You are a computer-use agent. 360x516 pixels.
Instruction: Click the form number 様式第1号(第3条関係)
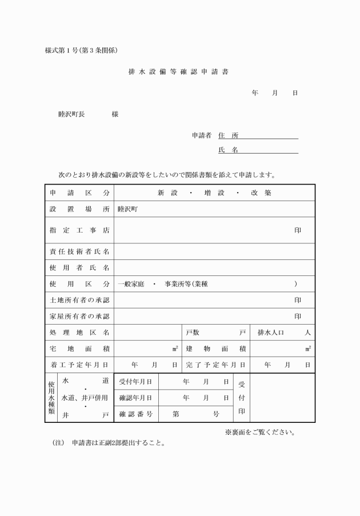pyautogui.click(x=81, y=50)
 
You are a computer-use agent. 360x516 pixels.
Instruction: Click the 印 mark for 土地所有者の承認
pyautogui.click(x=298, y=300)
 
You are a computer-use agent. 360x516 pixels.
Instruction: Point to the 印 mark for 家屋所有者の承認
pyautogui.click(x=298, y=316)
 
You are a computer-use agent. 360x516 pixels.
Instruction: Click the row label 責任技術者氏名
pyautogui.click(x=79, y=251)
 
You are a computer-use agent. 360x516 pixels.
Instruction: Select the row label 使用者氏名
pyautogui.click(x=79, y=267)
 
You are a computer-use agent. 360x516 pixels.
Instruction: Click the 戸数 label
pyautogui.click(x=193, y=332)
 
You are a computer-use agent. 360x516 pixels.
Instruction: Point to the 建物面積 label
pyautogui.click(x=215, y=348)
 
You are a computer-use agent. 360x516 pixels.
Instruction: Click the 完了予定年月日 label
pyautogui.click(x=215, y=364)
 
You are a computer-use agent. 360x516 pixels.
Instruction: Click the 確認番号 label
pyautogui.click(x=135, y=414)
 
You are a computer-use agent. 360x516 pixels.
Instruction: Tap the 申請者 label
pyautogui.click(x=202, y=135)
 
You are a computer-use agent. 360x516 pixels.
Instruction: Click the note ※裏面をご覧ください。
pyautogui.click(x=260, y=432)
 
